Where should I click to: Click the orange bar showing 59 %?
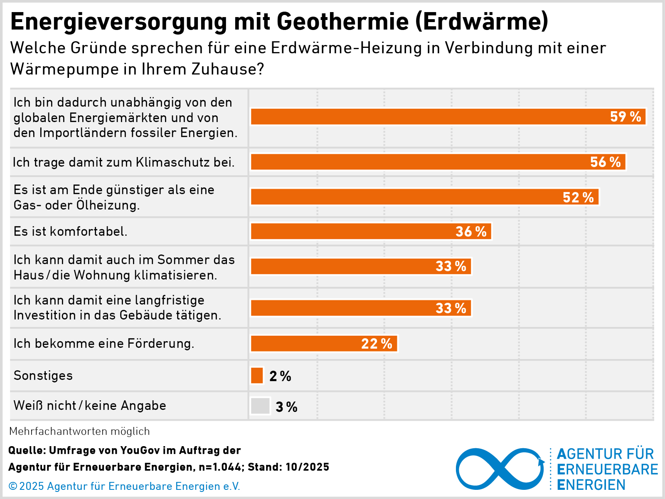tap(448, 117)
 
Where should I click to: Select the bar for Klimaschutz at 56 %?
tap(438, 162)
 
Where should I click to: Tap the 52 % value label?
tap(578, 197)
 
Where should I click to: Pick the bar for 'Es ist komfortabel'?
tap(371, 231)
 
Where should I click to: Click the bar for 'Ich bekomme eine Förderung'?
tap(324, 344)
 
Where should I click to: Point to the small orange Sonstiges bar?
tap(257, 375)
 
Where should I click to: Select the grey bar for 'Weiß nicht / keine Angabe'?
tap(260, 406)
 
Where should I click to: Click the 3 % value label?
tap(286, 407)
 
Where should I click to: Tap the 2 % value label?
tap(280, 376)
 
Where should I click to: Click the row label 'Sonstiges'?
tap(43, 375)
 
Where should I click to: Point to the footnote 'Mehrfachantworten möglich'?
tap(79, 431)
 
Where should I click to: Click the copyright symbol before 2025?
tap(13, 486)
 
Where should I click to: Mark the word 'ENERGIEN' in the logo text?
tap(591, 485)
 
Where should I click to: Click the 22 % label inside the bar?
tap(377, 344)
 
